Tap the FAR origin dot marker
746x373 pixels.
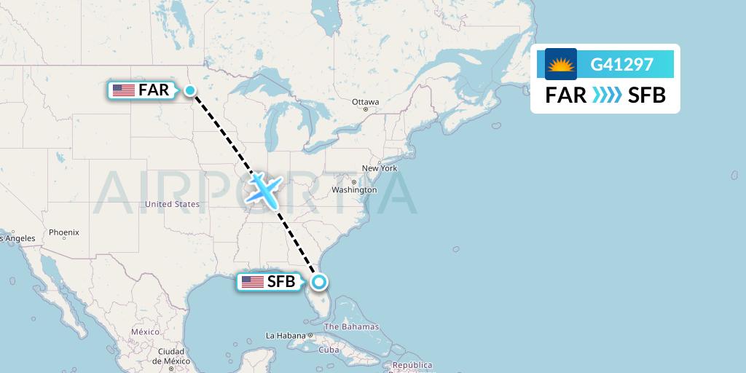[x=189, y=90]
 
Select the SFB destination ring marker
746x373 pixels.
[x=318, y=282]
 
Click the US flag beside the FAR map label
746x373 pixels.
[x=124, y=90]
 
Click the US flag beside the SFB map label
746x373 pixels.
[x=253, y=282]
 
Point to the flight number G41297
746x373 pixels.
[x=621, y=65]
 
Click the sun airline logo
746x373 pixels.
[x=560, y=64]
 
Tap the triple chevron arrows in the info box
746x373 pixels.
[x=606, y=95]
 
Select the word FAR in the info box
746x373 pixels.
[x=566, y=95]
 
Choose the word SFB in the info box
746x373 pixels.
[x=646, y=95]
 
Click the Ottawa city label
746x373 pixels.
[x=365, y=102]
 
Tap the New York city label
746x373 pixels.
[x=380, y=168]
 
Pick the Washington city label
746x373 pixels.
[x=354, y=189]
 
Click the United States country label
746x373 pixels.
[x=172, y=205]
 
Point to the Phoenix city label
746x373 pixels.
[x=63, y=232]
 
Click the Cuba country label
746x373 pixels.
[x=329, y=350]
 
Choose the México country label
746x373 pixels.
[x=145, y=331]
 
